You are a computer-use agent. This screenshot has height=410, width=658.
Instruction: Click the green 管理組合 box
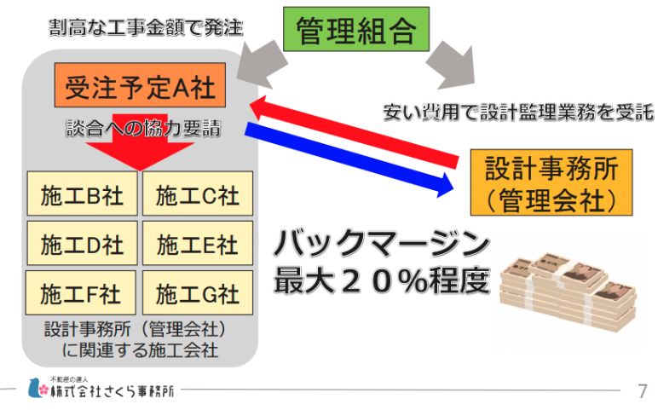point(355,32)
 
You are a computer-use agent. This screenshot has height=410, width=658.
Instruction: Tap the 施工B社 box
point(82,196)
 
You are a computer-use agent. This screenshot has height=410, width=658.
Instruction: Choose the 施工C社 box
point(197,196)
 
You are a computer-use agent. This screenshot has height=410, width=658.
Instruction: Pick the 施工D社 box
point(82,245)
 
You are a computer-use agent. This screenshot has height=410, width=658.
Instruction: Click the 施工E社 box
point(197,245)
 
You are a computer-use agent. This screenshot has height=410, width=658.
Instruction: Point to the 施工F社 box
point(82,295)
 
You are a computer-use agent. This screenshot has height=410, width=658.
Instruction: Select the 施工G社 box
point(197,295)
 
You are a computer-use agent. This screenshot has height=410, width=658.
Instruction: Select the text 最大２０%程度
point(381,282)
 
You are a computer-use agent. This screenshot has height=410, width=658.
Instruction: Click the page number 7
point(642,391)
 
